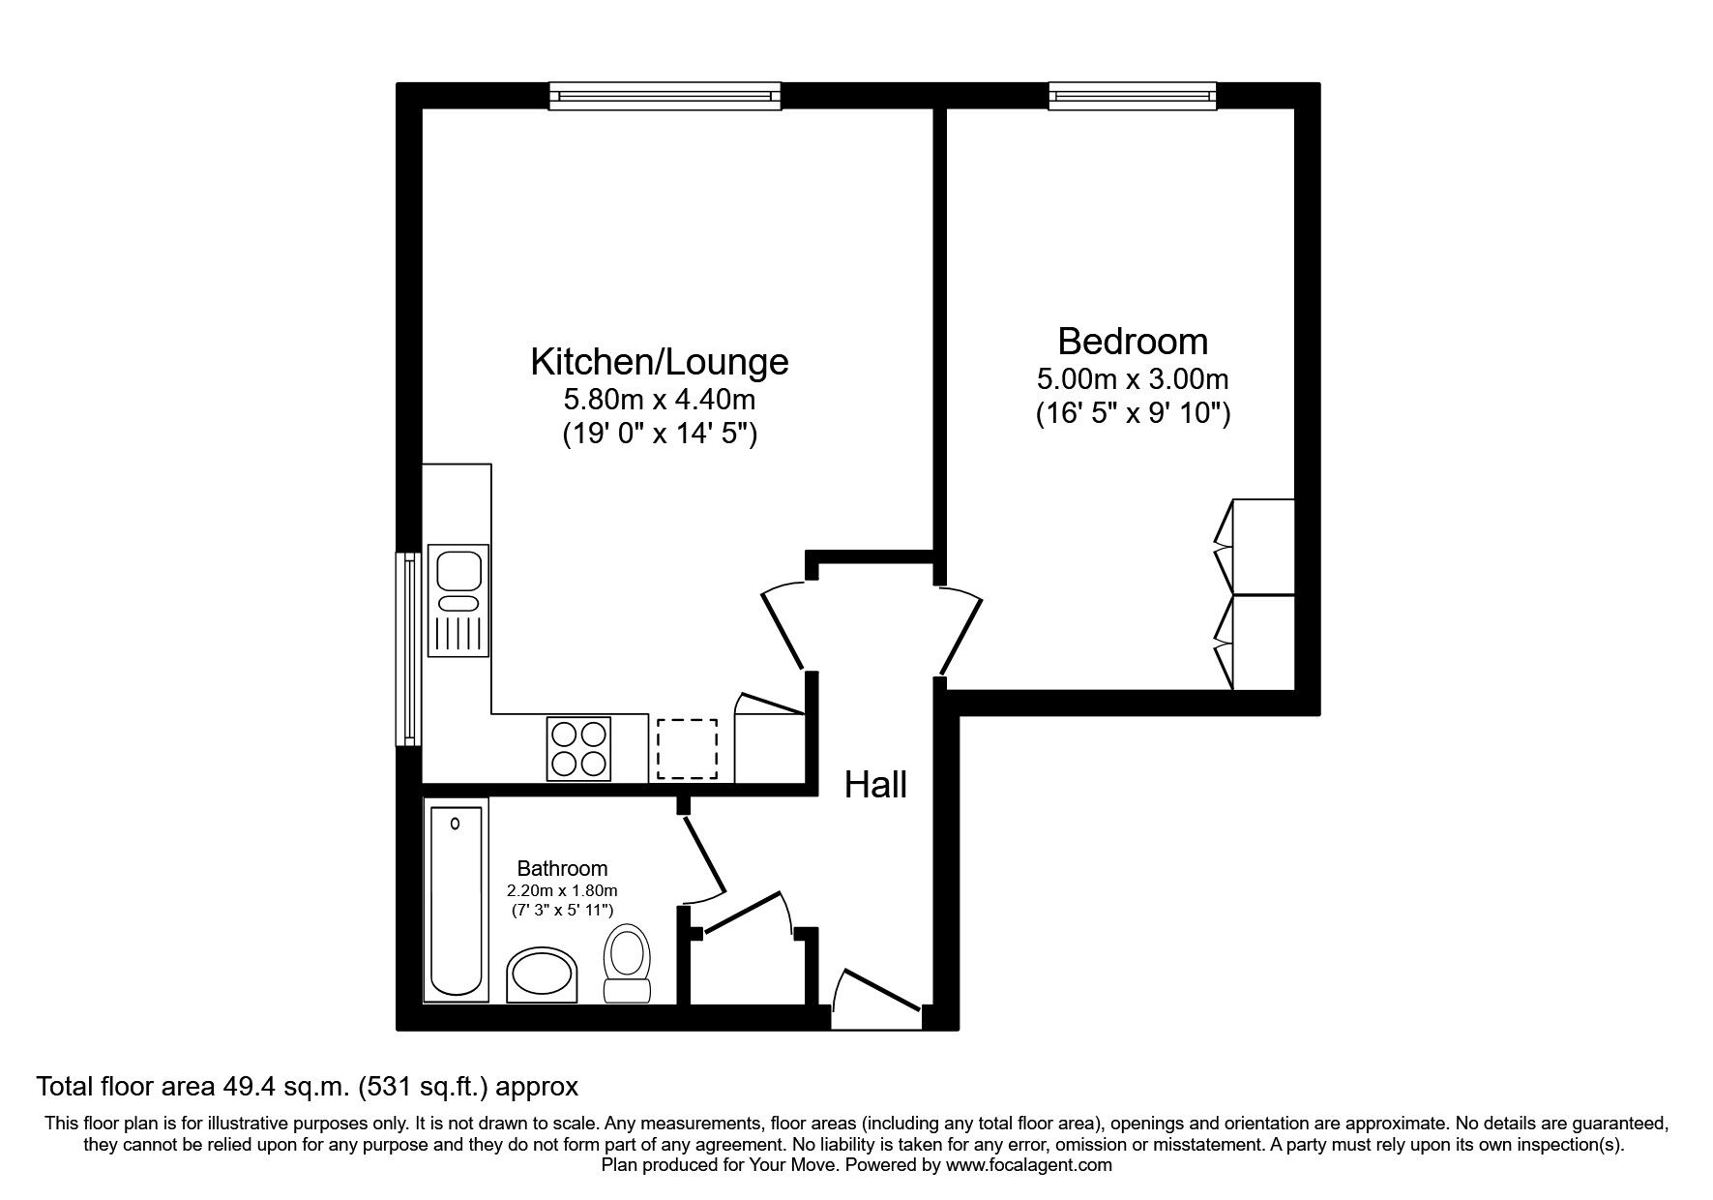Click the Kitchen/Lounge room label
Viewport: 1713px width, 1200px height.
pyautogui.click(x=659, y=362)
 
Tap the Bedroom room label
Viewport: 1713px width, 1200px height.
pyautogui.click(x=1132, y=342)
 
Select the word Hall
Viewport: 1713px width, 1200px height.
pyautogui.click(x=875, y=785)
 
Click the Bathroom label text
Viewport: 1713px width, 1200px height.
pyautogui.click(x=562, y=868)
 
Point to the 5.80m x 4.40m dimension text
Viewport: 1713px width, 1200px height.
pyautogui.click(x=659, y=399)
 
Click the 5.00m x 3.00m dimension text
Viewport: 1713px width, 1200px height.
pyautogui.click(x=1132, y=378)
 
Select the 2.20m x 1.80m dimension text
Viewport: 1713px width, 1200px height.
pyautogui.click(x=562, y=890)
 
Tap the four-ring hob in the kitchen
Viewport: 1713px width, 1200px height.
pyautogui.click(x=578, y=748)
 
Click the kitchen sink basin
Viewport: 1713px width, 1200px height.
pyautogui.click(x=458, y=569)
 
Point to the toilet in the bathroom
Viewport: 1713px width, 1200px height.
pyautogui.click(x=627, y=960)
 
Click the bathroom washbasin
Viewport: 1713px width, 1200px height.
pyautogui.click(x=544, y=975)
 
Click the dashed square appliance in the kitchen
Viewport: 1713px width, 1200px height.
pyautogui.click(x=687, y=748)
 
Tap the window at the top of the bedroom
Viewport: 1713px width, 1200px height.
pyautogui.click(x=1132, y=95)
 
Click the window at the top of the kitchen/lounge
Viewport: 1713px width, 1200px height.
pyautogui.click(x=665, y=95)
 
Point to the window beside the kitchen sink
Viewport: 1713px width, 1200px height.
pyautogui.click(x=410, y=648)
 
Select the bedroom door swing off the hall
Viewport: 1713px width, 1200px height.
pyautogui.click(x=960, y=629)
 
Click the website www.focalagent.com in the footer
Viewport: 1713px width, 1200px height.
pyautogui.click(x=1029, y=1165)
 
